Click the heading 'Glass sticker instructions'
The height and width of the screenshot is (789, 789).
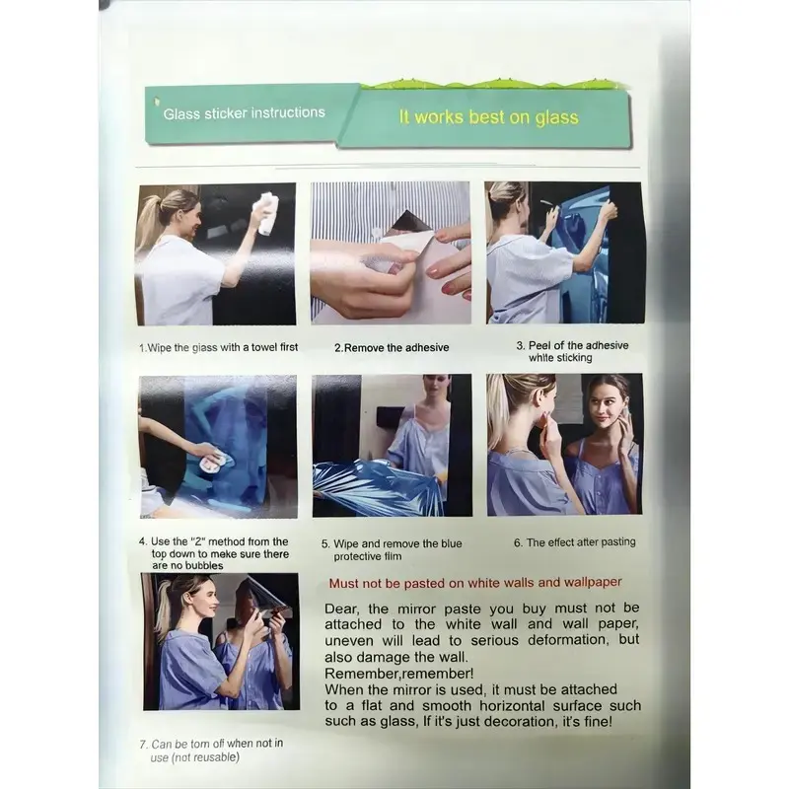[244, 112]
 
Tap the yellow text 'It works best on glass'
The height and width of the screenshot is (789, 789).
[488, 117]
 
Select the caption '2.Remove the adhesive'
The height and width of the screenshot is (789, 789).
[392, 348]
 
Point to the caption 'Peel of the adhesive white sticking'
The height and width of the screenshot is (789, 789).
[572, 351]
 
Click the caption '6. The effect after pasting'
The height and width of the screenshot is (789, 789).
[575, 542]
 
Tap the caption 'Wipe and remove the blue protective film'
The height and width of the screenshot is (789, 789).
[392, 550]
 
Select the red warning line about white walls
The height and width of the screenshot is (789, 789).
[475, 583]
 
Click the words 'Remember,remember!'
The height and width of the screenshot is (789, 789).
[399, 674]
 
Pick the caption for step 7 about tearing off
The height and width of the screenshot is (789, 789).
[211, 751]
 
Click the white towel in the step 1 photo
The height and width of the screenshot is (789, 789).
[266, 213]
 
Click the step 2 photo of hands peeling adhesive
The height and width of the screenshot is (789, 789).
[391, 253]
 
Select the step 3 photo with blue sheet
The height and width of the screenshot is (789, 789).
[564, 252]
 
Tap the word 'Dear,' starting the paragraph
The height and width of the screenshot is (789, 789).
[341, 609]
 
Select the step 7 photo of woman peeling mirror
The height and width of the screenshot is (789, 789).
[221, 642]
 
